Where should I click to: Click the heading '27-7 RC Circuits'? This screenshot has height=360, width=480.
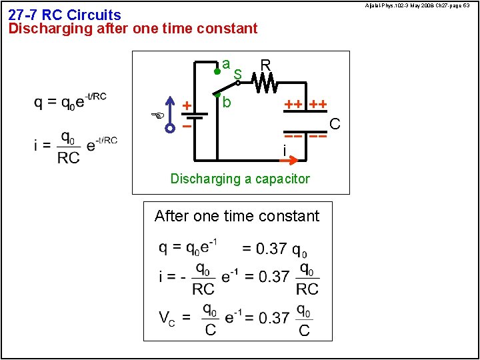pyautogui.click(x=65, y=15)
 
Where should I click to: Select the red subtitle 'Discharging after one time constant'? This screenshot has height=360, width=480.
pyautogui.click(x=133, y=29)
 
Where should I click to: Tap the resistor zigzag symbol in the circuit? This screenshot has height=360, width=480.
pyautogui.click(x=267, y=83)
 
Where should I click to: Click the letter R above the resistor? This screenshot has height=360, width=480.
pyautogui.click(x=265, y=65)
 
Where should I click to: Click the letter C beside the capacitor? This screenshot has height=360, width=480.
pyautogui.click(x=335, y=125)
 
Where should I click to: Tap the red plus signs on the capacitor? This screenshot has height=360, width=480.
pyautogui.click(x=306, y=105)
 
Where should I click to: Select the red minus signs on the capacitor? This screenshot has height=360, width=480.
pyautogui.click(x=306, y=135)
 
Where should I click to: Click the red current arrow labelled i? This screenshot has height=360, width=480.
pyautogui.click(x=293, y=161)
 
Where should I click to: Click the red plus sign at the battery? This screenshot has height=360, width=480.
pyautogui.click(x=187, y=105)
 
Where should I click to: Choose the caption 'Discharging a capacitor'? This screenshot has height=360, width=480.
pyautogui.click(x=240, y=179)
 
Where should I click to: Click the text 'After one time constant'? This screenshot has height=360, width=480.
pyautogui.click(x=237, y=216)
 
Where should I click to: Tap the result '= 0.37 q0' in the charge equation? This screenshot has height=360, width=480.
pyautogui.click(x=274, y=249)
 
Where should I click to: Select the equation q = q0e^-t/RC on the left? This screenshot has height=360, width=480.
pyautogui.click(x=70, y=102)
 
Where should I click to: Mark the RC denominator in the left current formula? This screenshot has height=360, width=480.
pyautogui.click(x=68, y=157)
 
